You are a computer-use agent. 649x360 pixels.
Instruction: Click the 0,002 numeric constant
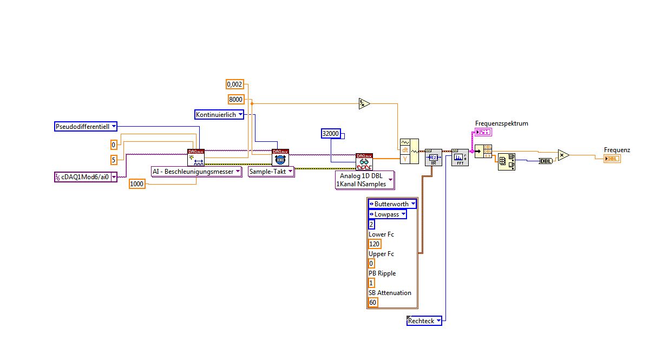click(x=234, y=84)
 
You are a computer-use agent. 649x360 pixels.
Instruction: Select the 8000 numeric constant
click(x=235, y=99)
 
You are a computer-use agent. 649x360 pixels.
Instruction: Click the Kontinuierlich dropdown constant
click(x=219, y=114)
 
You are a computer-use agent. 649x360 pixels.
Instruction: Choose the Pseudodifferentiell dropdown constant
click(x=86, y=127)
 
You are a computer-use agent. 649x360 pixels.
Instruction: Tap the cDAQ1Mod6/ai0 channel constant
click(x=86, y=177)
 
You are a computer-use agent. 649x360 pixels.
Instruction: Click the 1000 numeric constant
click(x=137, y=184)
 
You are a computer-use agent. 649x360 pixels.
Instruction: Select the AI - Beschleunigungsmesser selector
click(x=196, y=172)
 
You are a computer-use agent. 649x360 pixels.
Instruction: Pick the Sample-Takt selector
click(x=271, y=172)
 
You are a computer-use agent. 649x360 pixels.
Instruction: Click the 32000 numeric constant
click(x=331, y=133)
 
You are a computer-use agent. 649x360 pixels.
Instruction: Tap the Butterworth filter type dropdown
click(x=392, y=204)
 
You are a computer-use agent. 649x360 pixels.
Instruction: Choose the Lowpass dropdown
click(x=387, y=214)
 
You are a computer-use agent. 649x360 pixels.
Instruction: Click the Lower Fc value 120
click(x=375, y=244)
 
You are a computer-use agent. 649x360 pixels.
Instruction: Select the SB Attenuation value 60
click(x=372, y=303)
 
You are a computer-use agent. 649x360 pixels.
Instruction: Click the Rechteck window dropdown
click(x=424, y=321)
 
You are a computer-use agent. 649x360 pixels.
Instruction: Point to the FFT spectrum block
click(x=460, y=158)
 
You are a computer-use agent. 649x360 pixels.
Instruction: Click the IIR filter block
click(x=434, y=158)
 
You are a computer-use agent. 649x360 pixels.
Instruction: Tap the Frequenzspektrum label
click(x=501, y=123)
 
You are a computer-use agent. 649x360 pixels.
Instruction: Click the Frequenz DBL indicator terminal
click(x=612, y=158)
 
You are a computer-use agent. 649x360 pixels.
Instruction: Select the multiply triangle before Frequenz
click(x=564, y=155)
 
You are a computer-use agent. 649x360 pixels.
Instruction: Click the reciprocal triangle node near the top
click(x=364, y=103)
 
